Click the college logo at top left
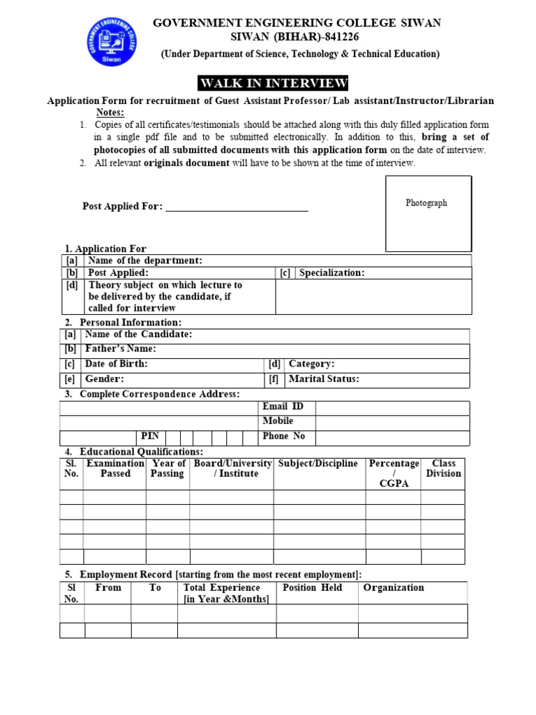(112, 41)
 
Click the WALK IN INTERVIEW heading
(273, 84)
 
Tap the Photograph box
(429, 213)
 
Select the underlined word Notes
(110, 113)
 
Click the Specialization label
(332, 273)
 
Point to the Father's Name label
(120, 349)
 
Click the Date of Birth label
(116, 364)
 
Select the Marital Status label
(324, 379)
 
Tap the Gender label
(105, 379)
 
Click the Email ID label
(283, 407)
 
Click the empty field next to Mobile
(392, 422)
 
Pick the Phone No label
(283, 436)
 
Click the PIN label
(150, 436)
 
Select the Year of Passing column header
(167, 469)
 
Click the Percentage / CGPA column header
(394, 473)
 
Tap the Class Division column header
(444, 469)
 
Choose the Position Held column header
(312, 588)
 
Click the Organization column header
(394, 588)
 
